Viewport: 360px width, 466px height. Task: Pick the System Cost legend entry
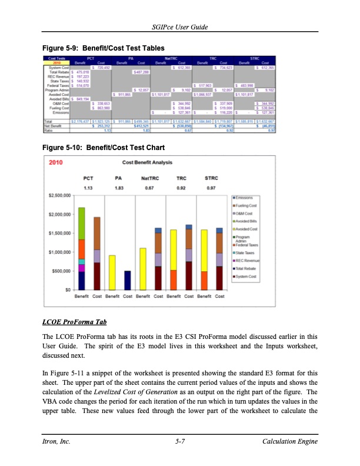[x=248, y=275]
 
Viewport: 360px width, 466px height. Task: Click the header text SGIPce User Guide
[x=180, y=28]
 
